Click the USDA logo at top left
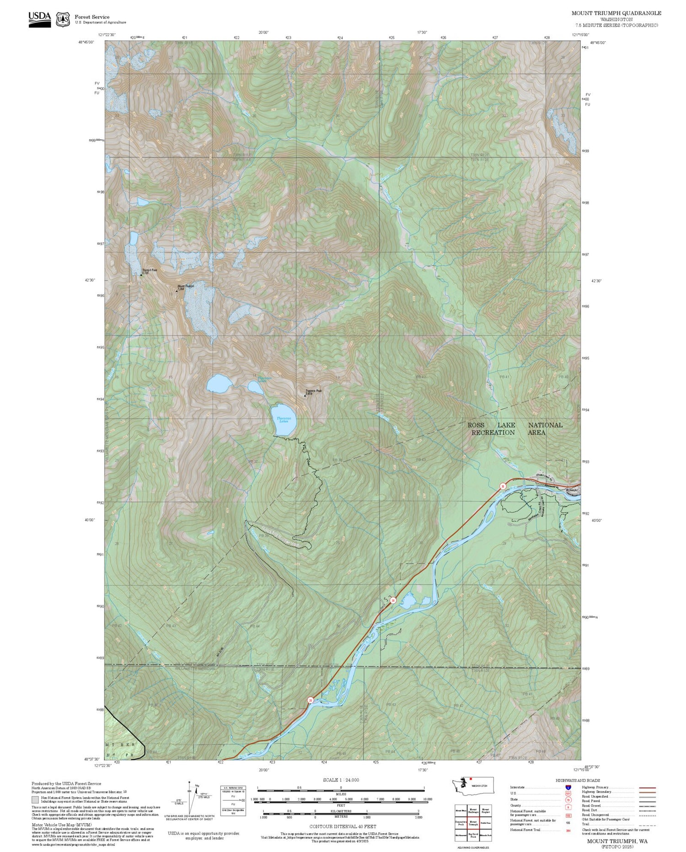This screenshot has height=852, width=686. [39, 19]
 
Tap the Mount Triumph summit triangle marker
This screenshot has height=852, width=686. [177, 291]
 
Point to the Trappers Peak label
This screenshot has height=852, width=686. [314, 391]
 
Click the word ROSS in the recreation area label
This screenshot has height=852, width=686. [476, 425]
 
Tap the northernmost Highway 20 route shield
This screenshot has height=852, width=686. [503, 486]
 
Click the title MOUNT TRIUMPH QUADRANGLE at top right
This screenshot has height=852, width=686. [616, 13]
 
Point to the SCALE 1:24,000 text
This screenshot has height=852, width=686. [341, 780]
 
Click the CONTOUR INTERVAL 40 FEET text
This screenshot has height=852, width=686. [343, 826]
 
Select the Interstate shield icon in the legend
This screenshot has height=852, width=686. [568, 787]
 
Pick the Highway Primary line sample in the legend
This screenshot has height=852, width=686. [646, 788]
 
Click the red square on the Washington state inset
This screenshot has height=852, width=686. [470, 779]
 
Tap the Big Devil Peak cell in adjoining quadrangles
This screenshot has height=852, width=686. [473, 835]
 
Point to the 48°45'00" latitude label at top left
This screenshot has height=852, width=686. [86, 42]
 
